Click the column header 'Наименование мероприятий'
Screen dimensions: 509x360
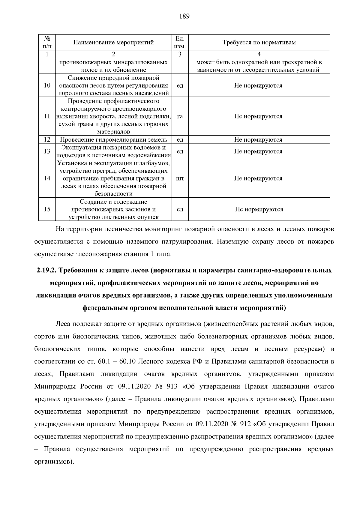point(113,42)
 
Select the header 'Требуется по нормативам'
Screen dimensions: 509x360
point(259,42)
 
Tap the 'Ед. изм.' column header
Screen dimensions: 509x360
point(180,42)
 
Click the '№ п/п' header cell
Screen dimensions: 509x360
point(47,42)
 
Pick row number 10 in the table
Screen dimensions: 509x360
point(47,85)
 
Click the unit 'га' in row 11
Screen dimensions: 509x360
point(180,116)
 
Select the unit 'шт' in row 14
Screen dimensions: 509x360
point(180,178)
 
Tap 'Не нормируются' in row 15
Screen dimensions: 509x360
point(259,209)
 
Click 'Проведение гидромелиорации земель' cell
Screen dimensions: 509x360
point(113,140)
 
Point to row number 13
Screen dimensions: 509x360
point(47,151)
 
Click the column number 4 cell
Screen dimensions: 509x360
point(259,54)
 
